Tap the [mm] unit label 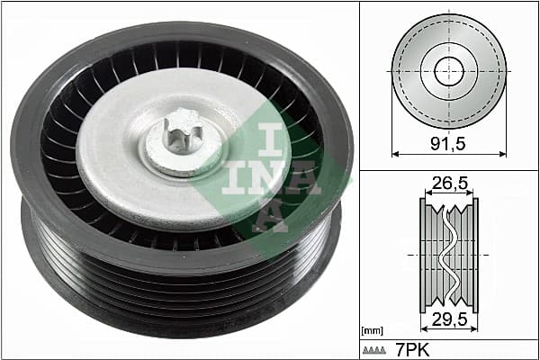[x=372, y=331]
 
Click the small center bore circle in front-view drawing [x=448, y=70]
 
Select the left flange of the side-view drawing [x=423, y=253]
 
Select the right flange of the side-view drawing [x=475, y=253]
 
